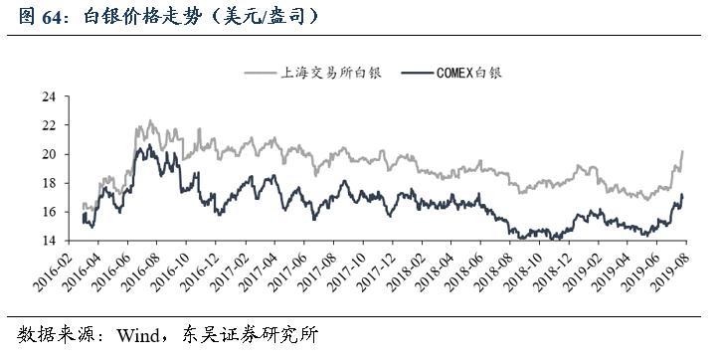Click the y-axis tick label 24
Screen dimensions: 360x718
[x=47, y=96]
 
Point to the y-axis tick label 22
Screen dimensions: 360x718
[x=47, y=125]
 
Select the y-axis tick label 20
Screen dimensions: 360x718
[x=47, y=154]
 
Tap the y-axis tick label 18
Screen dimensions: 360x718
[x=47, y=183]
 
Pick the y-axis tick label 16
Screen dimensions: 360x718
[x=47, y=212]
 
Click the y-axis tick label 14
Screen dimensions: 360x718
[x=47, y=241]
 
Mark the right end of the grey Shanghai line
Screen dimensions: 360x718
[x=682, y=151]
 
